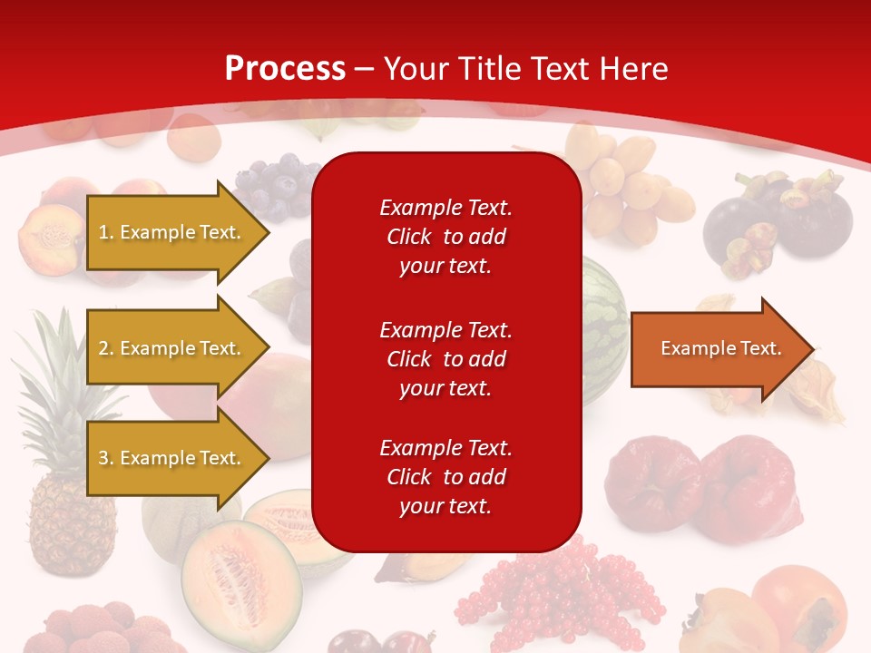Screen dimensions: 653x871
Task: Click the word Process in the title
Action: pos(285,69)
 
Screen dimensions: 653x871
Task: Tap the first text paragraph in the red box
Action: pos(445,237)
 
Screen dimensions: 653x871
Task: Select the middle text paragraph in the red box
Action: pos(445,359)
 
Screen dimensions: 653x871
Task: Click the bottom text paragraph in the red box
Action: pos(445,477)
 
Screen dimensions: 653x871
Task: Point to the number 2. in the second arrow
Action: pos(107,348)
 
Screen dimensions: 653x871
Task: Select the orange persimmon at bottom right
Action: pos(798,608)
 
